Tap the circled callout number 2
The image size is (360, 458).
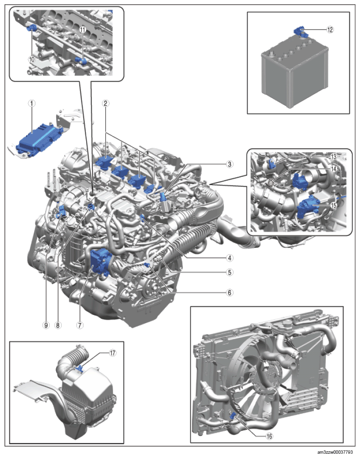coord(106,102)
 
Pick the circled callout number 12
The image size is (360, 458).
coord(330,29)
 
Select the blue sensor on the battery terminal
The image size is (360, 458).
coord(302,32)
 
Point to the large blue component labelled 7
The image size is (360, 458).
coord(101,261)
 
